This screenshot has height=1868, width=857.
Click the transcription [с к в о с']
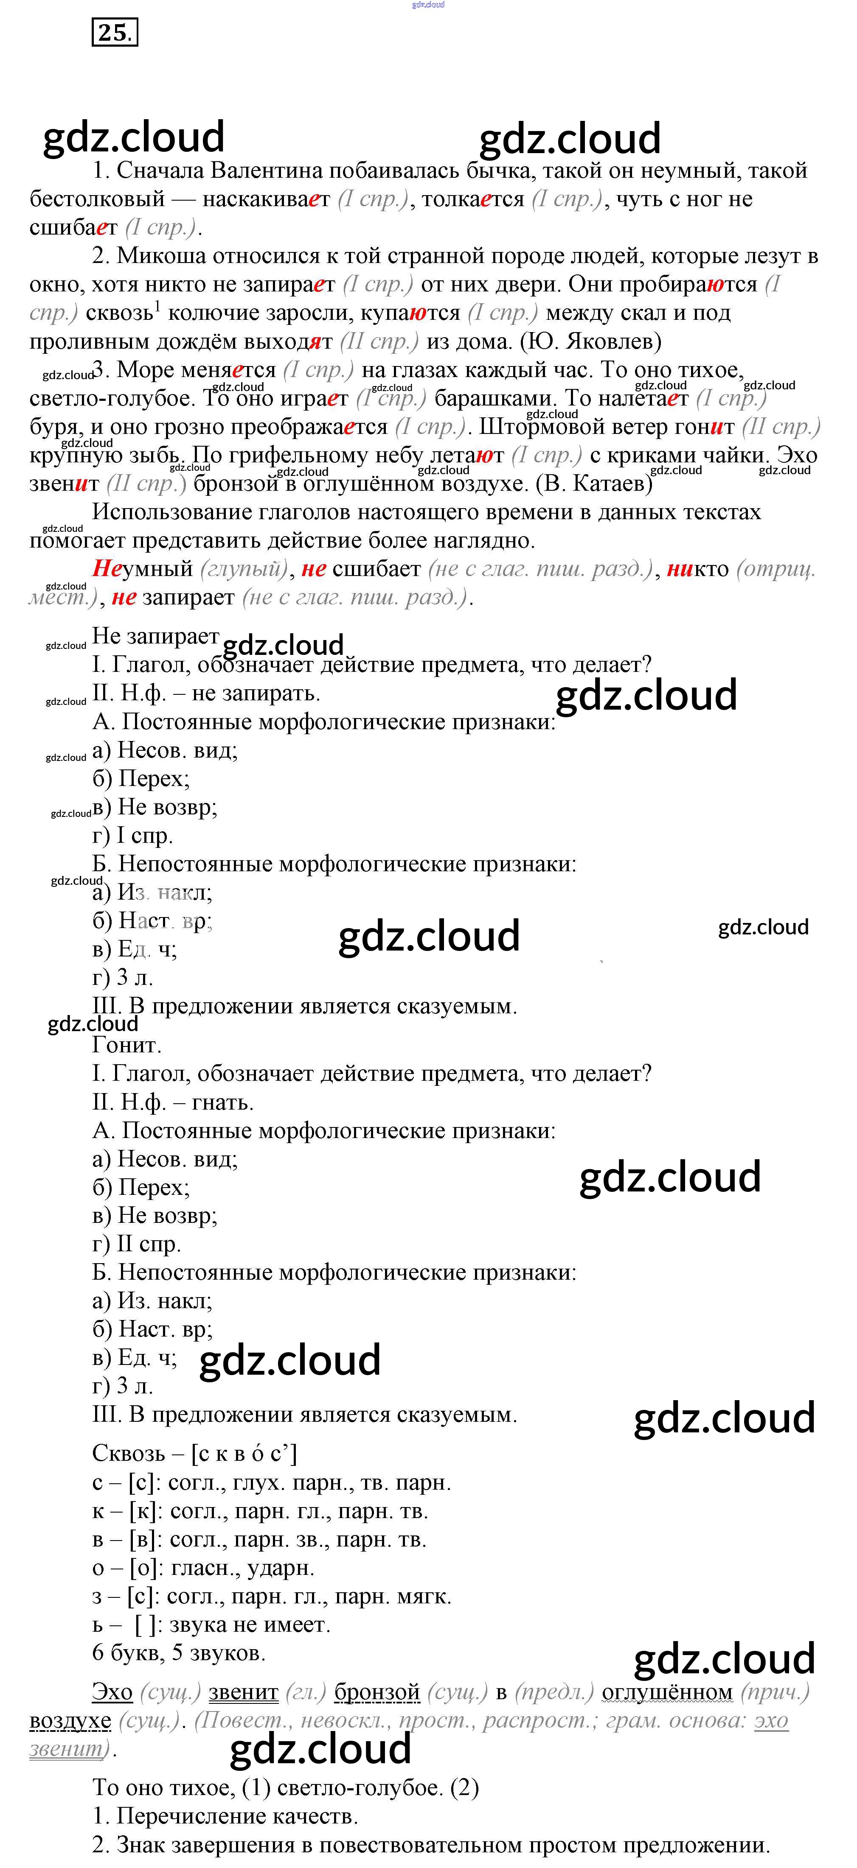tap(244, 1453)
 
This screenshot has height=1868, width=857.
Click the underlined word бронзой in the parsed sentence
tap(377, 1692)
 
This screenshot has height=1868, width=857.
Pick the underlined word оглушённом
tap(667, 1692)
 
